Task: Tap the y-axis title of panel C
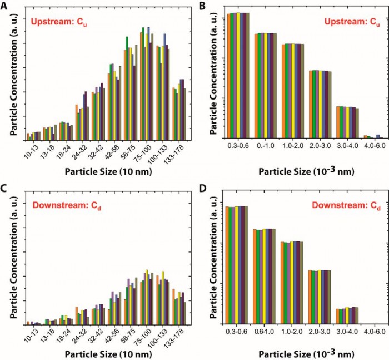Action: point(11,259)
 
